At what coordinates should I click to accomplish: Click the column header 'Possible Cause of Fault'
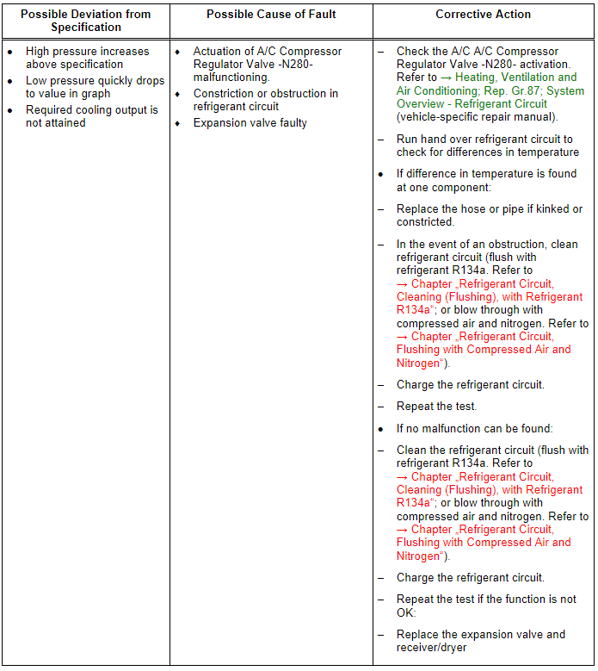[271, 15]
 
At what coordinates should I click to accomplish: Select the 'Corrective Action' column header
[483, 15]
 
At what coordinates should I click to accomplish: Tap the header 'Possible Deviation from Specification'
[85, 21]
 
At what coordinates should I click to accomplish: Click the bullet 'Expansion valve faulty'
[250, 123]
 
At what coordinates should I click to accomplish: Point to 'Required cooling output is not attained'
[91, 116]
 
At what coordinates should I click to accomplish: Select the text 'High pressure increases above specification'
[87, 58]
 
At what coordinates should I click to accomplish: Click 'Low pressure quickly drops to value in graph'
[95, 87]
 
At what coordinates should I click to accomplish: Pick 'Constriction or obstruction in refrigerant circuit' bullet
[265, 100]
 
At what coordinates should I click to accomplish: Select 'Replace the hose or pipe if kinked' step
[489, 215]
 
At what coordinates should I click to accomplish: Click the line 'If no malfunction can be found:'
[474, 428]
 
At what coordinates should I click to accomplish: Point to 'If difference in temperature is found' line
[486, 180]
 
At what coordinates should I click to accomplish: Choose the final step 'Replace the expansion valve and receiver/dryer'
[480, 641]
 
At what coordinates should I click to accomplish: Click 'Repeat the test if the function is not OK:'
[486, 606]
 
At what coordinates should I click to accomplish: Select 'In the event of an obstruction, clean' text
[487, 244]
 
